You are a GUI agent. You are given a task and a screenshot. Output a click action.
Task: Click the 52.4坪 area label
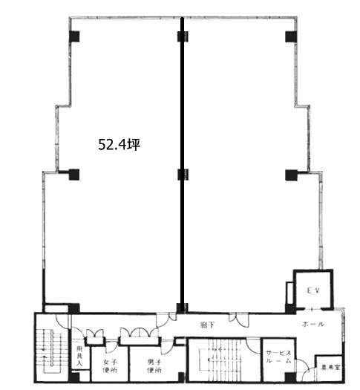tap(119, 145)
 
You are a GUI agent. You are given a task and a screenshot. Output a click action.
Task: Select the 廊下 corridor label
tap(206, 325)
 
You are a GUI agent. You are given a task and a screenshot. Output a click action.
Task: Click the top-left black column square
tap(74, 36)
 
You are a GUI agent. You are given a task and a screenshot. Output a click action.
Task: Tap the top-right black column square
tap(290, 36)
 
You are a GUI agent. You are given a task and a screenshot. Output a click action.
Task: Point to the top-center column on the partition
tap(182, 36)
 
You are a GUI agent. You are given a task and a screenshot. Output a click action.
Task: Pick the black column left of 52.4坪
tap(74, 175)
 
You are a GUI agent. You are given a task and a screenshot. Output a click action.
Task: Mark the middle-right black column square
tap(290, 175)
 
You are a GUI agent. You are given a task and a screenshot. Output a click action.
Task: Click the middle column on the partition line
tap(182, 175)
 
